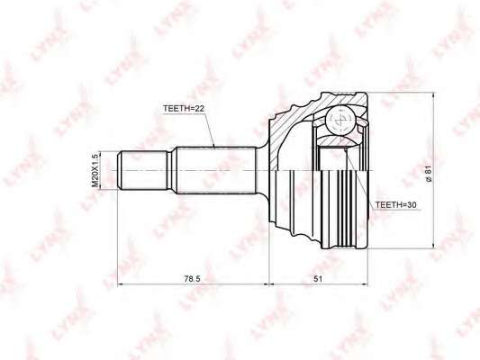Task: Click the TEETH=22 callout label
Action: click(184, 109)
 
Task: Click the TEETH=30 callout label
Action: click(396, 205)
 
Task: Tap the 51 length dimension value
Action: click(318, 279)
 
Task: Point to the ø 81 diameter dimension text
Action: click(429, 174)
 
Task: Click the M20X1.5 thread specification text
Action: click(95, 170)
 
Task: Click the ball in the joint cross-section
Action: click(340, 121)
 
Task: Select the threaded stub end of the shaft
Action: click(142, 170)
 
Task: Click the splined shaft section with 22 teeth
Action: click(216, 170)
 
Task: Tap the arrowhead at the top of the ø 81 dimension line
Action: click(433, 95)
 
